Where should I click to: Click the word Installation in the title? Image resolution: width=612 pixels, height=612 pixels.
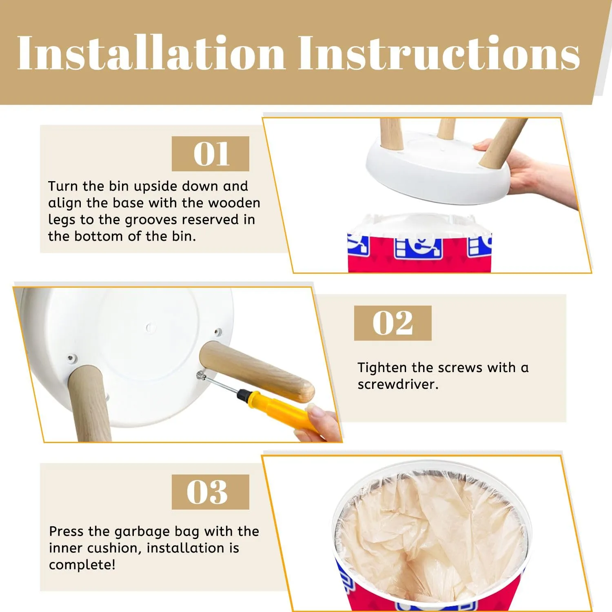(151, 53)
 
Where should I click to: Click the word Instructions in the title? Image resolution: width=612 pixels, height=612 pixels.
(439, 53)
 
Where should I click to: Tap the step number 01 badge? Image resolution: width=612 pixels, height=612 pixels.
(211, 154)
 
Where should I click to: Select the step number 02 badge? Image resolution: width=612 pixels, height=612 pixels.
(392, 323)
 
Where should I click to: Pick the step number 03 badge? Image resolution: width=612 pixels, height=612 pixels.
(211, 492)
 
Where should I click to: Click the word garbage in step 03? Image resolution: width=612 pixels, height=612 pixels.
(142, 532)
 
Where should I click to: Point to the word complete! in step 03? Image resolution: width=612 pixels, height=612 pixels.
(82, 565)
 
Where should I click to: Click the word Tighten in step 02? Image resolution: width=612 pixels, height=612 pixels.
(382, 368)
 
